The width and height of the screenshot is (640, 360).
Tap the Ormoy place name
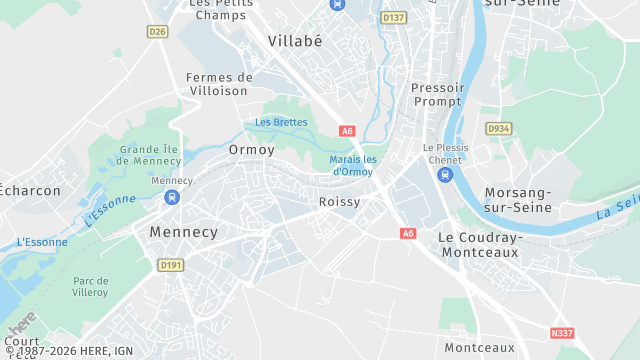click(251, 149)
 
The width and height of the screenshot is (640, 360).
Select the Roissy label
click(339, 201)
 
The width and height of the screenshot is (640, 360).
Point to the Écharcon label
click(30, 190)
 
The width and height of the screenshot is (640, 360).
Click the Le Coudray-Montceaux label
click(481, 245)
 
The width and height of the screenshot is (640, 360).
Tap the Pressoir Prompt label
click(438, 94)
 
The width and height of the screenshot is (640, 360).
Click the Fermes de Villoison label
click(218, 83)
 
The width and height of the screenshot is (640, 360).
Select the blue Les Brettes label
click(281, 122)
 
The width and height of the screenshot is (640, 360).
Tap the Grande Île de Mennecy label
click(151, 155)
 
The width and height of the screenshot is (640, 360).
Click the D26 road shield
click(157, 32)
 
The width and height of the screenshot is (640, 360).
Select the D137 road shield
click(394, 18)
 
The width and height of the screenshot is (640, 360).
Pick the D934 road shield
click(498, 129)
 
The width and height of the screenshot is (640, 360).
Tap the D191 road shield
click(170, 264)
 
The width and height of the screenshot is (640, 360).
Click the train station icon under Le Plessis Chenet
click(445, 175)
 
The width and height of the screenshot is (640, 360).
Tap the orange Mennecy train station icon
click(172, 197)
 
